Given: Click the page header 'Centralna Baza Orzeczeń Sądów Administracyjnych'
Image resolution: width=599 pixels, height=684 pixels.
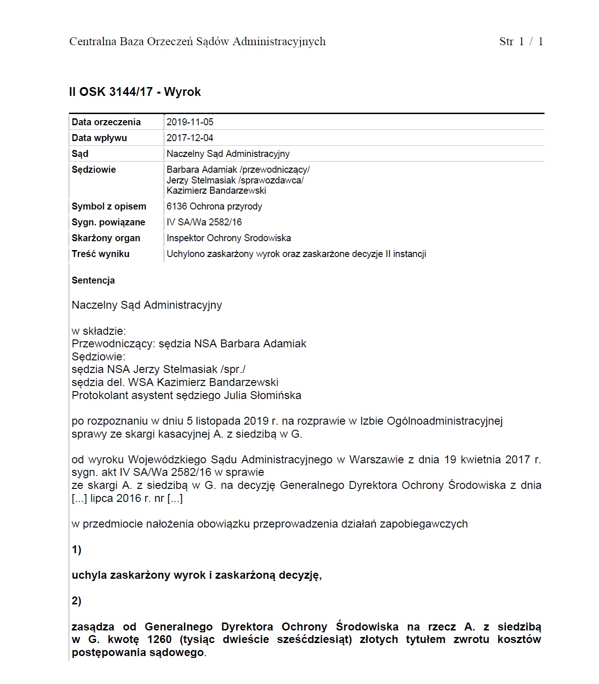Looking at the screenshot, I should [197, 41].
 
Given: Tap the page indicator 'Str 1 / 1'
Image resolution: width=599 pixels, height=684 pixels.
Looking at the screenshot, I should [521, 41].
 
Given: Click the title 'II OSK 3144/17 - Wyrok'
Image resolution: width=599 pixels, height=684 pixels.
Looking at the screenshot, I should [135, 92].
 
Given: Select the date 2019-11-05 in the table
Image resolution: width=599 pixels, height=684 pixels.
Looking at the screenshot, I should [190, 122].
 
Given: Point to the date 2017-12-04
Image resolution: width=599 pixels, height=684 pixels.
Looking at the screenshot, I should [190, 138].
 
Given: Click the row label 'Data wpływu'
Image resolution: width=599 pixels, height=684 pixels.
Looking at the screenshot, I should [99, 138].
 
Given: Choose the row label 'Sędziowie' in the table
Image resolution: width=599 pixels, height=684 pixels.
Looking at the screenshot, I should [94, 169].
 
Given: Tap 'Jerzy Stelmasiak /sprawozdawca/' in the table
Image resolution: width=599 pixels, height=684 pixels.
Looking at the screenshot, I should [235, 180].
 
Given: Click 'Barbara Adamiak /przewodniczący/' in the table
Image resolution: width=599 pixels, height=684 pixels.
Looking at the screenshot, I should [238, 169].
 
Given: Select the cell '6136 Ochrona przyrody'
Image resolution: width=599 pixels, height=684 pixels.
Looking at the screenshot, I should [214, 206].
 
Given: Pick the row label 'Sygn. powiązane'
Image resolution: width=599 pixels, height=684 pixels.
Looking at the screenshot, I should [109, 222].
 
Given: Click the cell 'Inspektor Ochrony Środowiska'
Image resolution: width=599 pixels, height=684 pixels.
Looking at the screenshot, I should [229, 238].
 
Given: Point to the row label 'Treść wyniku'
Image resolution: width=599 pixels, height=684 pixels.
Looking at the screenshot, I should [101, 254].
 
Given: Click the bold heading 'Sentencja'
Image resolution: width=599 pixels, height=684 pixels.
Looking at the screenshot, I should [93, 280].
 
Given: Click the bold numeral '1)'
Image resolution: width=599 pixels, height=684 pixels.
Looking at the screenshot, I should [76, 549].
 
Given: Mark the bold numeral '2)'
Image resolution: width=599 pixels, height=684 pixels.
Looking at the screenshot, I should [76, 601].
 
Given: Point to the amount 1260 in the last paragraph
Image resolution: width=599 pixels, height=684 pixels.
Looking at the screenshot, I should [159, 639].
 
